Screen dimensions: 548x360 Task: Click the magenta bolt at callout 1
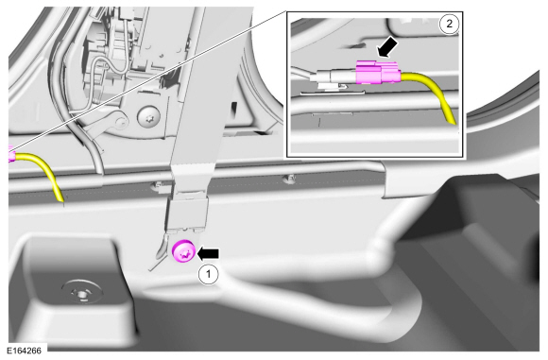tap(184, 252)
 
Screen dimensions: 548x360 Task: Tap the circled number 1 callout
tap(208, 274)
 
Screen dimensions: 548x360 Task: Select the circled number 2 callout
tap(449, 25)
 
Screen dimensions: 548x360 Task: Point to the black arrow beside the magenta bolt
tap(208, 253)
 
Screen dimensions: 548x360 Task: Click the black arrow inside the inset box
tap(388, 47)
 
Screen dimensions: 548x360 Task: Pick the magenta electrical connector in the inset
tap(378, 72)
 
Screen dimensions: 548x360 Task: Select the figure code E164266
tap(24, 351)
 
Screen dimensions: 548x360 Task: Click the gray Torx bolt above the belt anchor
tap(148, 116)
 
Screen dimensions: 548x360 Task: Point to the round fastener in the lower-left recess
tap(82, 291)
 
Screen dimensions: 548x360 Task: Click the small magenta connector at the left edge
tap(10, 154)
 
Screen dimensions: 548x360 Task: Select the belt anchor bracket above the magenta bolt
tap(187, 213)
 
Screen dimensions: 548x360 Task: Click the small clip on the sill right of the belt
tap(290, 179)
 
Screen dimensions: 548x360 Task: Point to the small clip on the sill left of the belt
tap(158, 185)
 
